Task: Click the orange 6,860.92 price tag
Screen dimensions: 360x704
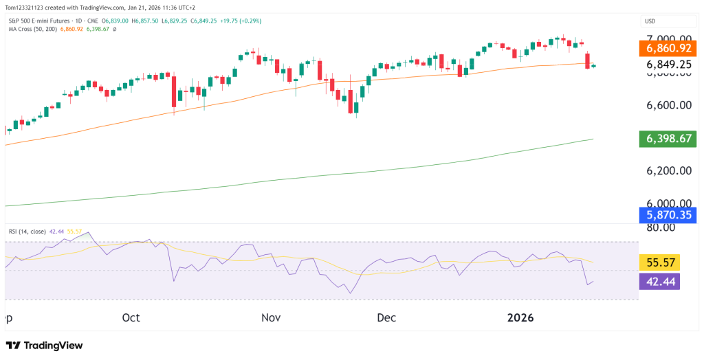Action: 669,49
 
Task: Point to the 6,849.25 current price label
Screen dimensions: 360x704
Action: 669,64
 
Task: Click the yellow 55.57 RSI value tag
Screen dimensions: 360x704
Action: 659,262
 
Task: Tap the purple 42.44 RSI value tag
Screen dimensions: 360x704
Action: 659,281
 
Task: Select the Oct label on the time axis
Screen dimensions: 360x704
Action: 131,317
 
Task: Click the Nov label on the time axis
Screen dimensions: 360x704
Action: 272,317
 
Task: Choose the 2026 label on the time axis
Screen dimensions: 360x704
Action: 520,317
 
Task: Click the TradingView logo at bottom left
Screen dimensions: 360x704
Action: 44,345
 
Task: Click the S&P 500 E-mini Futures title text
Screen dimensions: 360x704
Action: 39,21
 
